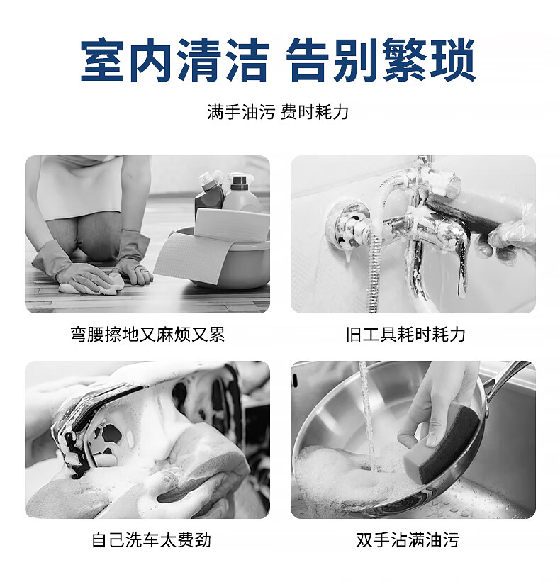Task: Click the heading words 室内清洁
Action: (x=174, y=60)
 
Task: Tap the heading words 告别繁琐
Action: (x=381, y=60)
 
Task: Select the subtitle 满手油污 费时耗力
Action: (x=278, y=112)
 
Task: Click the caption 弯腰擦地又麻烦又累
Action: (x=147, y=334)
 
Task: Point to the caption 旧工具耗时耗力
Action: (x=405, y=334)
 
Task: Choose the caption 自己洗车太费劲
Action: (x=152, y=539)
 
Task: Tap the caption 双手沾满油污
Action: (x=408, y=539)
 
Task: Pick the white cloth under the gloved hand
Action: (x=93, y=284)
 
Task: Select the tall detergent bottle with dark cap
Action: (x=242, y=193)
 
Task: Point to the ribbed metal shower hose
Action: (x=376, y=271)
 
